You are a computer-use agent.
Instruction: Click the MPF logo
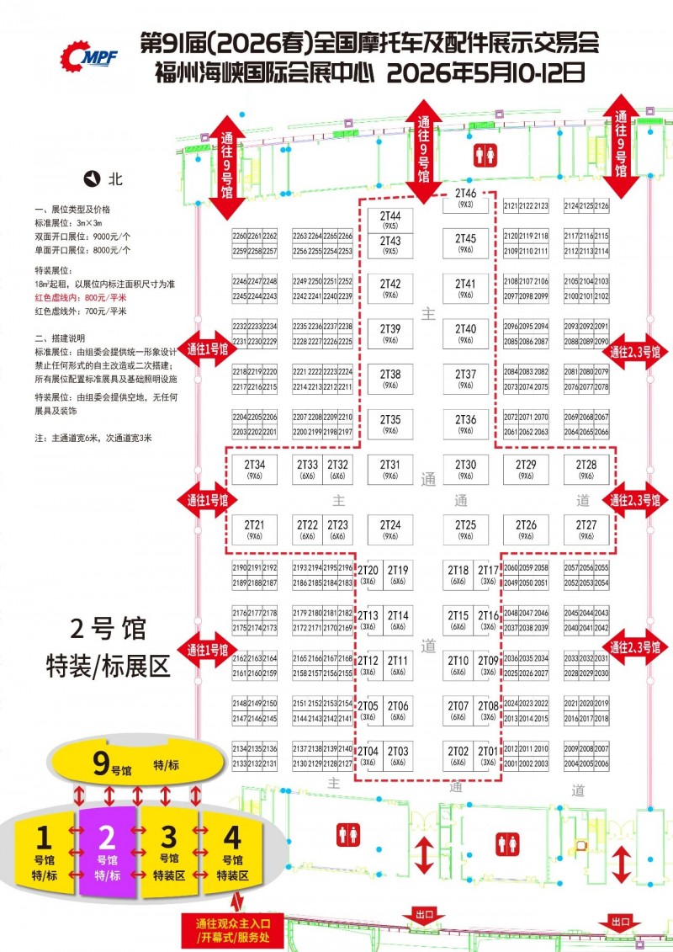[x=89, y=55]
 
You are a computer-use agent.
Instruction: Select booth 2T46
[x=466, y=198]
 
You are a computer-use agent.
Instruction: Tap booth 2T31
[x=390, y=469]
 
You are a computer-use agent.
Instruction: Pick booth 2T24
[x=390, y=529]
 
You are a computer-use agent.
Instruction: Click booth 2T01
[x=488, y=755]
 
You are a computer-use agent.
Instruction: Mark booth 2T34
[x=255, y=469]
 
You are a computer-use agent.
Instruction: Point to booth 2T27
[x=586, y=529]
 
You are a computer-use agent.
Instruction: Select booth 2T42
[x=390, y=288]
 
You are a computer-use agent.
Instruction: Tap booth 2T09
[x=488, y=664]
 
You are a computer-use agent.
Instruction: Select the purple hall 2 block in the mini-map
[x=107, y=850]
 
